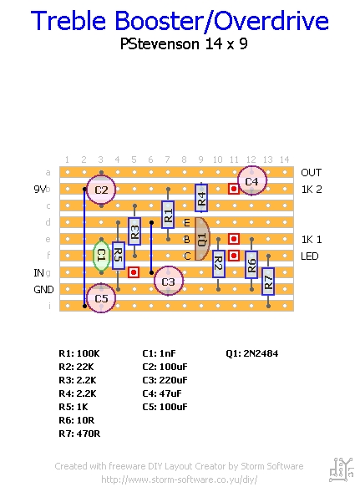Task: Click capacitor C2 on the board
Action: click(x=101, y=190)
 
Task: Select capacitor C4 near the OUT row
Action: click(x=252, y=181)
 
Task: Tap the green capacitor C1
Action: click(x=101, y=256)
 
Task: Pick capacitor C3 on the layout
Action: click(x=169, y=281)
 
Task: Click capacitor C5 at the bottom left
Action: click(x=101, y=298)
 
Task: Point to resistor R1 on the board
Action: click(x=168, y=215)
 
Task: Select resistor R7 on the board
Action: click(x=268, y=282)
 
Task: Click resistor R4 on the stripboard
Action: click(x=201, y=198)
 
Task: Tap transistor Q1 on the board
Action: click(x=202, y=239)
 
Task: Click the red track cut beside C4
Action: click(x=234, y=189)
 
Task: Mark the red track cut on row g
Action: click(x=134, y=272)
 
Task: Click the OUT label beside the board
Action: click(x=312, y=173)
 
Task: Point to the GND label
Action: click(x=43, y=290)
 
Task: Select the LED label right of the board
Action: click(x=310, y=256)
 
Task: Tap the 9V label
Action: click(x=40, y=189)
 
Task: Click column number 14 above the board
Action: click(x=285, y=160)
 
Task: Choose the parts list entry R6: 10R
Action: click(x=76, y=420)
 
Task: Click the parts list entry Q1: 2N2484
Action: click(x=252, y=353)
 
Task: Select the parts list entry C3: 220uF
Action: click(x=165, y=380)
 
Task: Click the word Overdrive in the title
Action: click(x=271, y=21)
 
